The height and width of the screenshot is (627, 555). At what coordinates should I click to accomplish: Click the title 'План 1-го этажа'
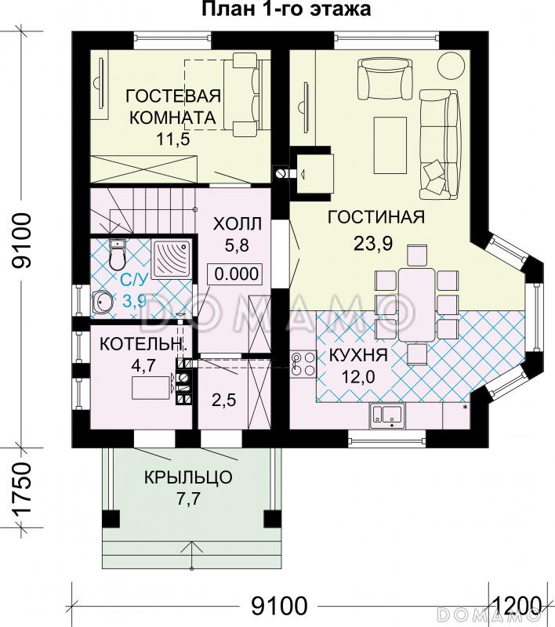(x=286, y=9)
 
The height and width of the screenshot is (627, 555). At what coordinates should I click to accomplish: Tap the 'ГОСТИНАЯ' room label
(x=376, y=217)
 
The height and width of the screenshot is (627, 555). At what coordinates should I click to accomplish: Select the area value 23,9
(x=373, y=243)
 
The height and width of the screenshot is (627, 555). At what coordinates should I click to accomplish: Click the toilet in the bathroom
(x=117, y=254)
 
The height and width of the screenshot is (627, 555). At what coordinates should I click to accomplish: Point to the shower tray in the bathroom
(x=172, y=260)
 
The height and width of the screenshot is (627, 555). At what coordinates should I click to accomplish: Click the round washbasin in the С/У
(x=103, y=301)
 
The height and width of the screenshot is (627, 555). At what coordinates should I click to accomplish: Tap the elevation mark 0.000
(x=234, y=274)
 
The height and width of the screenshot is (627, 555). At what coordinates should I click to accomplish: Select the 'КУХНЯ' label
(x=358, y=355)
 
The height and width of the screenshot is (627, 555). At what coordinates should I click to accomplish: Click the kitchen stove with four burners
(x=303, y=364)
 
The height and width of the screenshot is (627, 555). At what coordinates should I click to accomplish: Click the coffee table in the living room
(x=390, y=145)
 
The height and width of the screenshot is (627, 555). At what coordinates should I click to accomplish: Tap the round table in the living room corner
(x=451, y=65)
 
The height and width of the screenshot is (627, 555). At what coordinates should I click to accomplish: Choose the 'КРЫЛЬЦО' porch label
(x=188, y=477)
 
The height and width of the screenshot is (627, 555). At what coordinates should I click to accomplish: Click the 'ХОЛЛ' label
(x=237, y=224)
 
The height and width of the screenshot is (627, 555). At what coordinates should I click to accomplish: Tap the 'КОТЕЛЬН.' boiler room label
(x=143, y=344)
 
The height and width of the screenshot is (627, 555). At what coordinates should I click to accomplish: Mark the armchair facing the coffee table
(x=385, y=79)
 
